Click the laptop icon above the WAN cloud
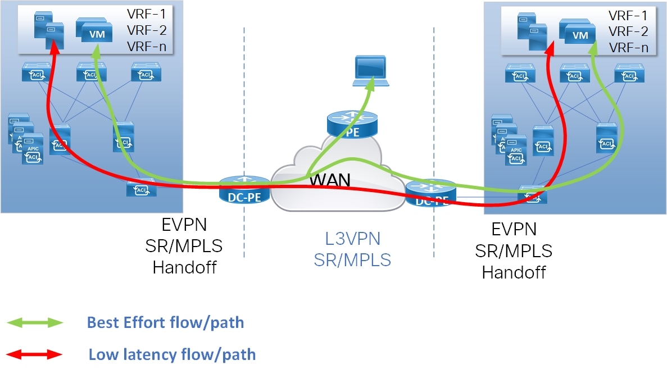[x=369, y=71]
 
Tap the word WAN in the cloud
[x=331, y=180]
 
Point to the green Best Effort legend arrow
[x=35, y=322]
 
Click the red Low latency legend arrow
[x=35, y=354]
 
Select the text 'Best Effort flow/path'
[x=165, y=322]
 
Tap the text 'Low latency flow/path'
[x=172, y=354]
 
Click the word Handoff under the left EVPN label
[x=184, y=267]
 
